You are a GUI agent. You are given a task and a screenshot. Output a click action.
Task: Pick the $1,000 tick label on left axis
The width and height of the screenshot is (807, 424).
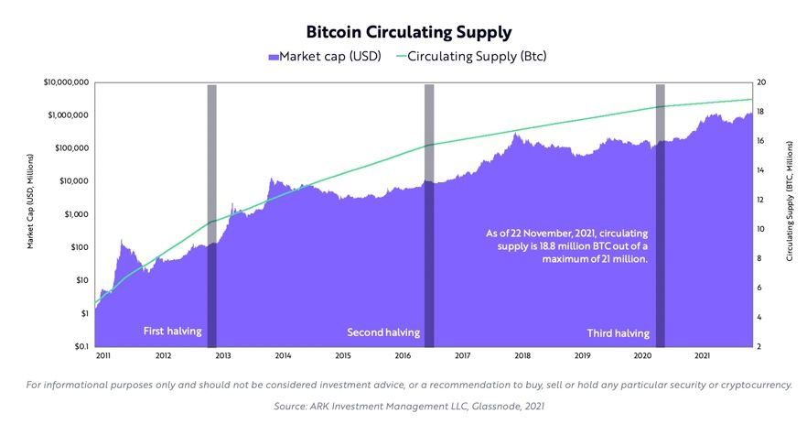click(74, 214)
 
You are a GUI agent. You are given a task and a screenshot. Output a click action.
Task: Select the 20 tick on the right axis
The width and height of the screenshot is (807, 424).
click(761, 82)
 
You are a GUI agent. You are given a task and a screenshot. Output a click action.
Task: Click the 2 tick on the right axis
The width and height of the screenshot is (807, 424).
click(759, 347)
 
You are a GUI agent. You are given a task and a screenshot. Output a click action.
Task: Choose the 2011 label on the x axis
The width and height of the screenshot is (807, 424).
click(103, 355)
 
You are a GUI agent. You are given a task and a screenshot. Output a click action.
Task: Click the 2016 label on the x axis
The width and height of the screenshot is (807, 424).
click(403, 355)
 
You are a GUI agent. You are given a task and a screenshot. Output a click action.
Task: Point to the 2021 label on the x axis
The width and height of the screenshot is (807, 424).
click(703, 355)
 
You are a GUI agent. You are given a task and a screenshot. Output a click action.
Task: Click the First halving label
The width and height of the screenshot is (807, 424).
click(172, 332)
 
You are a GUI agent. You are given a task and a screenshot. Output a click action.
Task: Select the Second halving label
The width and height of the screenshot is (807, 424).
click(383, 332)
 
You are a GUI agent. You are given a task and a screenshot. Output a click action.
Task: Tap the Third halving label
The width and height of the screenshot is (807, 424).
click(618, 332)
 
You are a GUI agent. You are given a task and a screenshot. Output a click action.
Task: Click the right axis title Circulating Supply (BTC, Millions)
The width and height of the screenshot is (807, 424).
click(790, 214)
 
